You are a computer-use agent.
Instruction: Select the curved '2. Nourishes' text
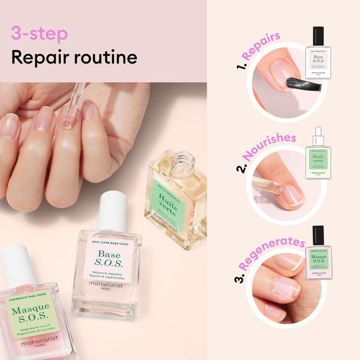tap(264, 150)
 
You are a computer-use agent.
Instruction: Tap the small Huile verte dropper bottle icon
tap(318, 153)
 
